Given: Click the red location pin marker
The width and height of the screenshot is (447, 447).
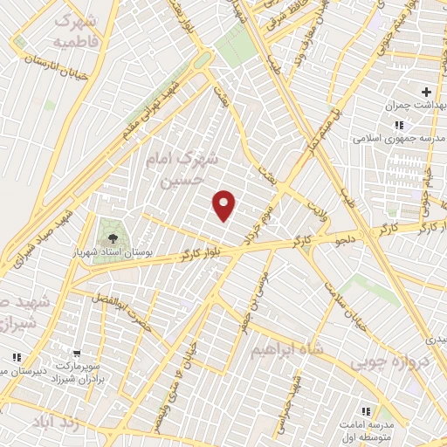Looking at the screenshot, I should (x=225, y=205).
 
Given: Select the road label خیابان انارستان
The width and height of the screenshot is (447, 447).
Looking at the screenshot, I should (x=52, y=58).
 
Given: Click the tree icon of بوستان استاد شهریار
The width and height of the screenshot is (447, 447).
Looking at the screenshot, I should (x=111, y=236).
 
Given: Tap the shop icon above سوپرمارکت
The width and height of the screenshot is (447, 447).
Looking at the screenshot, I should (x=77, y=354).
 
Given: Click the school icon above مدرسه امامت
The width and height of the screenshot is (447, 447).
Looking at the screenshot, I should (x=366, y=410).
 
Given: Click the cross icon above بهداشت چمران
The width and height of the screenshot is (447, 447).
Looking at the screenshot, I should (x=426, y=91).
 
